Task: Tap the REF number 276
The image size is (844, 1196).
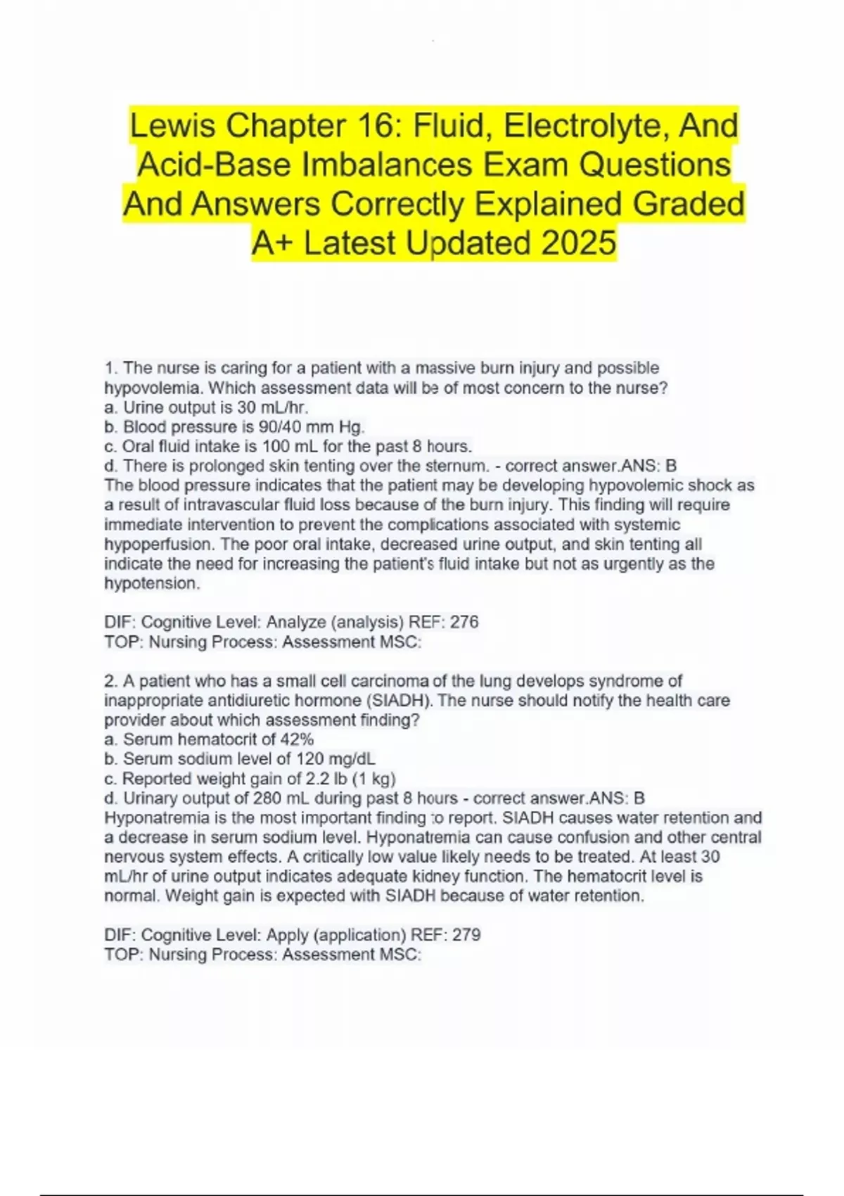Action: [x=464, y=622]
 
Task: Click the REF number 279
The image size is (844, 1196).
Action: [x=466, y=935]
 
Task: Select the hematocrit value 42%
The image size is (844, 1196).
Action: [x=297, y=739]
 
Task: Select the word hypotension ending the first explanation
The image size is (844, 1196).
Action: [x=152, y=583]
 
